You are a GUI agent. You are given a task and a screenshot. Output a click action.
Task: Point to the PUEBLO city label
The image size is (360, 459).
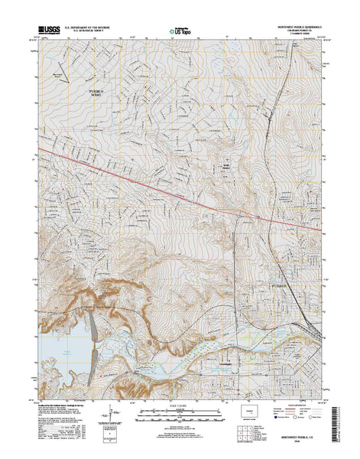[280, 285]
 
